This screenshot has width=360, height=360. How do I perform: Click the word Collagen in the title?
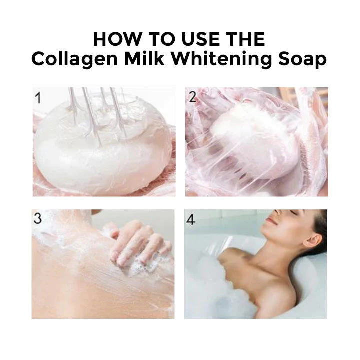[74, 59]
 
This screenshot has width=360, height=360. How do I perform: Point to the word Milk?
[144, 59]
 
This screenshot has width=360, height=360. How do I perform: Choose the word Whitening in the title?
[222, 59]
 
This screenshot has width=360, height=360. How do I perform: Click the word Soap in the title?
[302, 59]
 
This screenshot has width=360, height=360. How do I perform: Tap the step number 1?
[38, 98]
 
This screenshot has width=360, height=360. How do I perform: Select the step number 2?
[192, 97]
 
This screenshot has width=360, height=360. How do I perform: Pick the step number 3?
[38, 218]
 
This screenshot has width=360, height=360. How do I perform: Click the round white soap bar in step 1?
[103, 147]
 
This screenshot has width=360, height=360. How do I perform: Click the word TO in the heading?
[162, 39]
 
